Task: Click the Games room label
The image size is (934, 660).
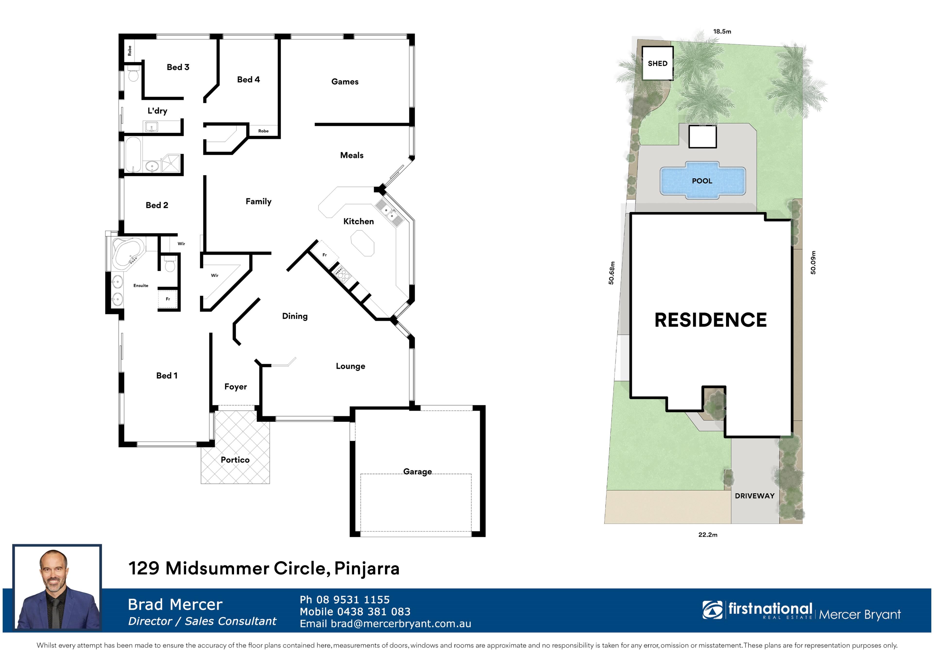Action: (x=345, y=82)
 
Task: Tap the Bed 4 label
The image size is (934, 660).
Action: (x=248, y=80)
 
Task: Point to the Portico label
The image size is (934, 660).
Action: (x=235, y=460)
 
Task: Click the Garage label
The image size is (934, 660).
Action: (x=417, y=472)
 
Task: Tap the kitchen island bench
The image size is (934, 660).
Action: (x=362, y=243)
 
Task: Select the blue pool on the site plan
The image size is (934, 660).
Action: (x=702, y=180)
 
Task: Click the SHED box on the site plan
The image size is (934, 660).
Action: (x=657, y=63)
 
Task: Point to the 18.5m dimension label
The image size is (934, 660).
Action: (x=722, y=31)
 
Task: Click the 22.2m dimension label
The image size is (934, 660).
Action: (x=708, y=535)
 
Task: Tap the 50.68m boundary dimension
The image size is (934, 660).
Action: (x=611, y=273)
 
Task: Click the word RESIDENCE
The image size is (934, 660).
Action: (x=711, y=320)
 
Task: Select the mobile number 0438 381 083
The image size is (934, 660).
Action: (x=374, y=612)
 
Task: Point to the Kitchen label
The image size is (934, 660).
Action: (x=358, y=222)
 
